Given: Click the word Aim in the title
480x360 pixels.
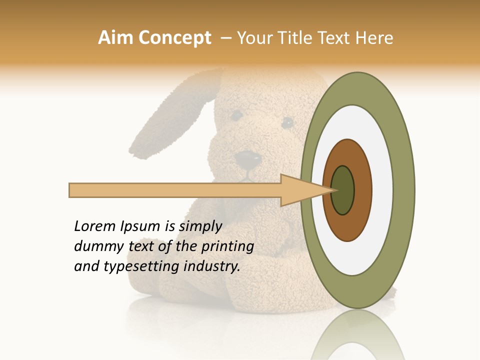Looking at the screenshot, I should click(x=116, y=38).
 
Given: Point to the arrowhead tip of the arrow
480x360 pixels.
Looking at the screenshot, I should click(x=333, y=190).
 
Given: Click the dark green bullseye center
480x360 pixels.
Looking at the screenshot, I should click(x=343, y=190).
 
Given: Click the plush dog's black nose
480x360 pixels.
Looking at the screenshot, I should click(x=248, y=159).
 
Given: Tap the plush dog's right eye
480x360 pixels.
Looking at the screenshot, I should click(x=287, y=122).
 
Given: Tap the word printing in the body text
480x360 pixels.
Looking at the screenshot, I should click(x=227, y=246).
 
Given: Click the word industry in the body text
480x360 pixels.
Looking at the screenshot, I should click(x=212, y=266).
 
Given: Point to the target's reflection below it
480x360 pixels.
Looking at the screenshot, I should click(x=357, y=340).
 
